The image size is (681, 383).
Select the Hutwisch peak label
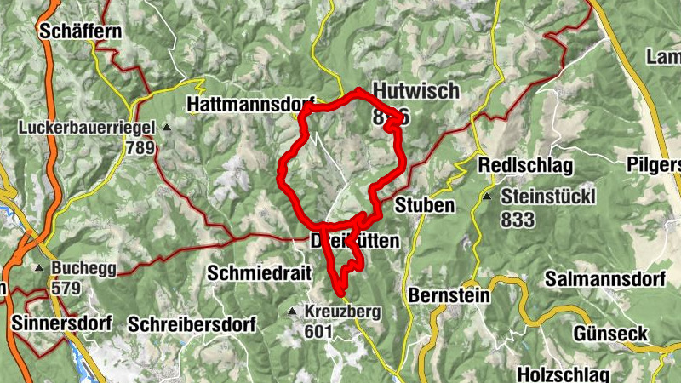pos(415,92)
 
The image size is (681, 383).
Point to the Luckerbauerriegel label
pos(90,128)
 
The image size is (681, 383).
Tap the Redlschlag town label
pos(525,164)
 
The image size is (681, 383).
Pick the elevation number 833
pos(518,220)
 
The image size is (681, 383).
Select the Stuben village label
pos(425,205)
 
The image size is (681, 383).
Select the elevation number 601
pos(316,331)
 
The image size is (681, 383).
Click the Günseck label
pos(610,333)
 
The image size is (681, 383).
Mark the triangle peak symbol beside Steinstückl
pos(488,197)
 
